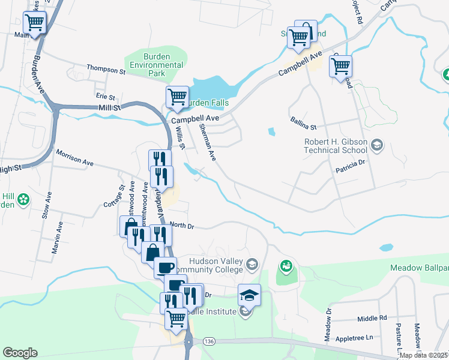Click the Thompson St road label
click(105, 70)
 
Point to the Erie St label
click(105, 97)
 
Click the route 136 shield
click(209, 341)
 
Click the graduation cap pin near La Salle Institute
click(249, 295)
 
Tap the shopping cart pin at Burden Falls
click(177, 97)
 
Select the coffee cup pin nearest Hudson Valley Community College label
click(165, 267)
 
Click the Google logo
click(20, 353)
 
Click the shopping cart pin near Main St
click(35, 23)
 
